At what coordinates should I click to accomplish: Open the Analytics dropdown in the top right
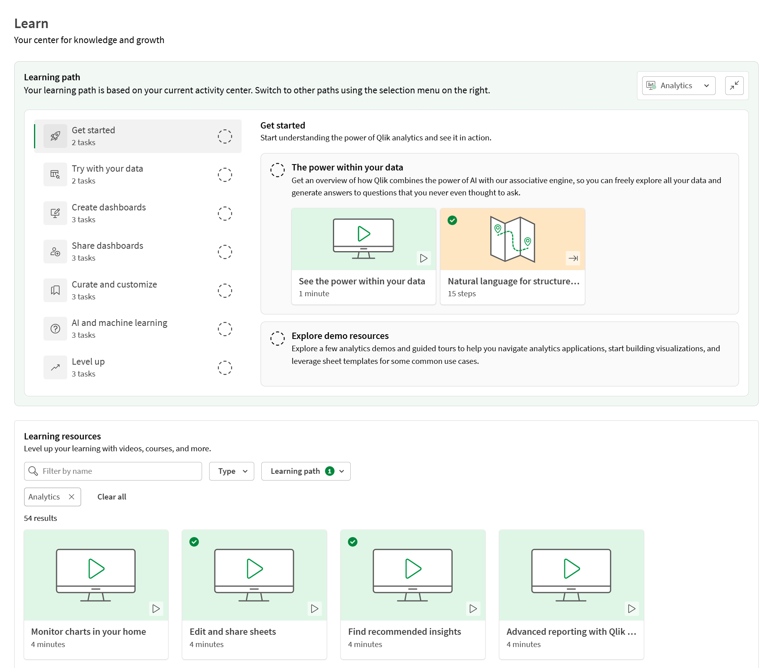pyautogui.click(x=679, y=86)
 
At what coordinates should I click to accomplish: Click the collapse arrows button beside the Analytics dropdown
pyautogui.click(x=734, y=86)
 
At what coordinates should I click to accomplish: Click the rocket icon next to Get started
pyautogui.click(x=55, y=136)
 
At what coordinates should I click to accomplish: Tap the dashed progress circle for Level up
pyautogui.click(x=225, y=368)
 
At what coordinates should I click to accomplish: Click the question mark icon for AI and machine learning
pyautogui.click(x=55, y=329)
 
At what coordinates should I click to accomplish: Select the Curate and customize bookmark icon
pyautogui.click(x=55, y=291)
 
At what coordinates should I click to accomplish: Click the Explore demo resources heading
pyautogui.click(x=340, y=336)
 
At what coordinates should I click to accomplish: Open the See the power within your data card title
pyautogui.click(x=362, y=282)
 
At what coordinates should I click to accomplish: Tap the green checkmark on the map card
pyautogui.click(x=452, y=220)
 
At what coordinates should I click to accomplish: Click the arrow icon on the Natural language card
pyautogui.click(x=573, y=258)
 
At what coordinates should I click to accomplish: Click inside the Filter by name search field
pyautogui.click(x=119, y=471)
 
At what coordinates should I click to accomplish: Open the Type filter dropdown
pyautogui.click(x=232, y=471)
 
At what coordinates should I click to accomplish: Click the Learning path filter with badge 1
pyautogui.click(x=306, y=471)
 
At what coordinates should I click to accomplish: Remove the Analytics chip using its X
pyautogui.click(x=72, y=497)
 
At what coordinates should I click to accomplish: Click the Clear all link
pyautogui.click(x=112, y=497)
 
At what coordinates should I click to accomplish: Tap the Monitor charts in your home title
pyautogui.click(x=89, y=632)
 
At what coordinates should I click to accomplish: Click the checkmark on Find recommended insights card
pyautogui.click(x=353, y=542)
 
